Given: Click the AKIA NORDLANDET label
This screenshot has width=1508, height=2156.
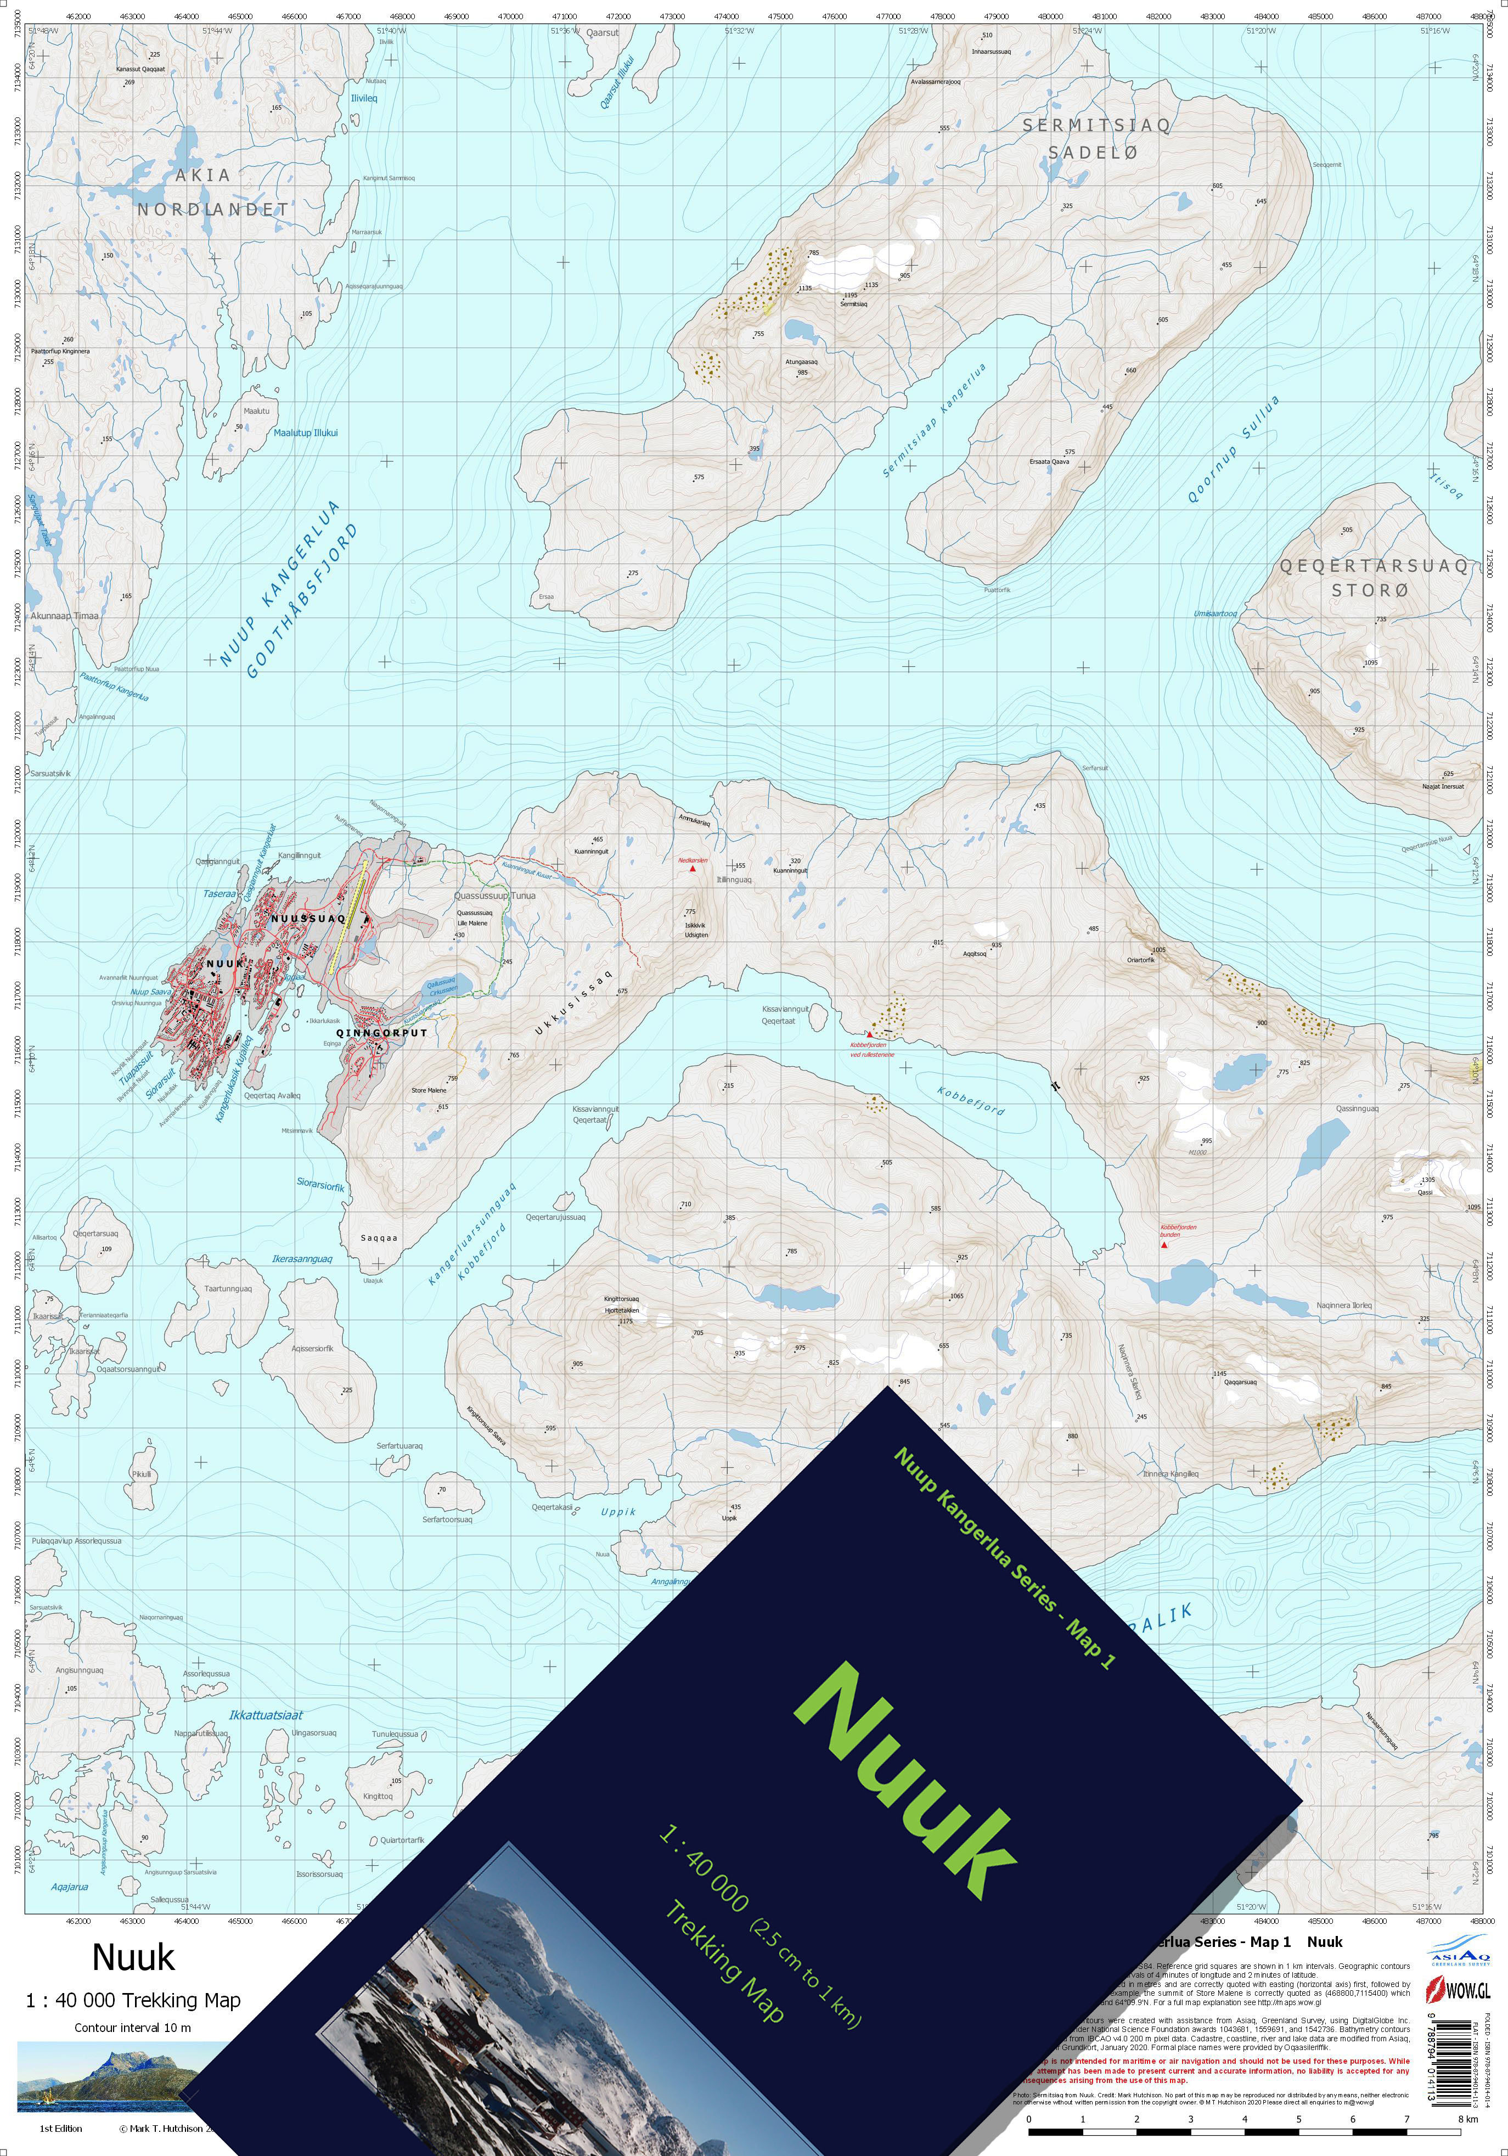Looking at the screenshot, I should click(212, 192).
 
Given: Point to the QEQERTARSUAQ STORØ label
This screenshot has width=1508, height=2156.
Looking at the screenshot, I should click(1373, 577).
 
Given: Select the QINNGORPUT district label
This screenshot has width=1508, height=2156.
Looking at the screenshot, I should click(381, 1033).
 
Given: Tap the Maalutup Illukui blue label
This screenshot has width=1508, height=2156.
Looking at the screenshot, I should click(306, 433).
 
